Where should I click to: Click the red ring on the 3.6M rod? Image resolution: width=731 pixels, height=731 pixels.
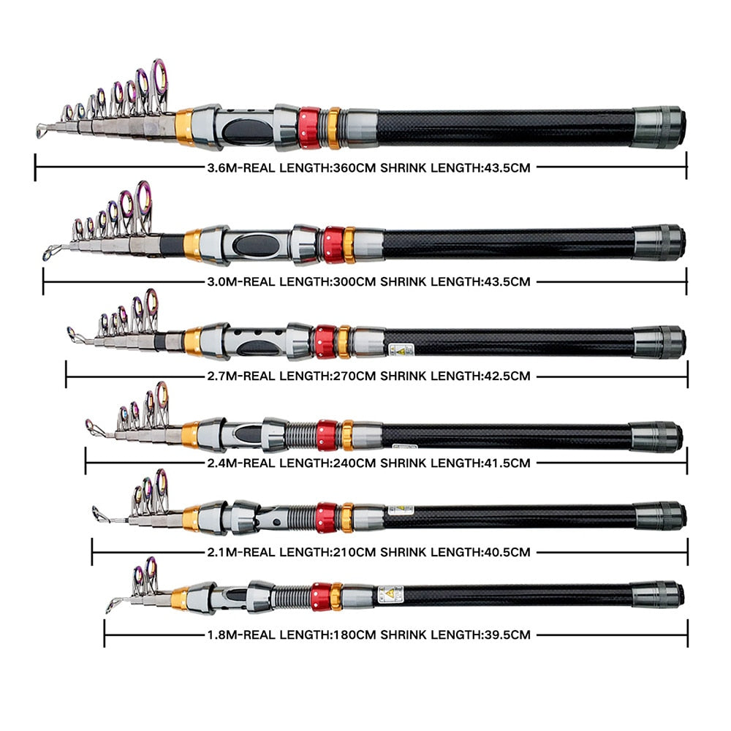(x=309, y=128)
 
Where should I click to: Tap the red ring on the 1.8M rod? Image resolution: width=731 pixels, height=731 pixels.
(x=320, y=596)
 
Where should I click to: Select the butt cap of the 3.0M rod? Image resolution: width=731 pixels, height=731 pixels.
(x=659, y=243)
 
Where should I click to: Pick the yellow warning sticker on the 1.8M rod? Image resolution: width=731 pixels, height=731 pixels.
(x=391, y=594)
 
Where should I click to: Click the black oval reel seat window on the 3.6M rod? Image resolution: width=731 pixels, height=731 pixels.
(x=247, y=132)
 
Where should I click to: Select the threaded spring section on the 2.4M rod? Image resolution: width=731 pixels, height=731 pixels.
(x=300, y=436)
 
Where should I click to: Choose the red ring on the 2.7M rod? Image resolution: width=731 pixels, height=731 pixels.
(x=325, y=341)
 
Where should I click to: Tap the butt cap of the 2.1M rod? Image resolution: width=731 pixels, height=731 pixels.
(x=660, y=515)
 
